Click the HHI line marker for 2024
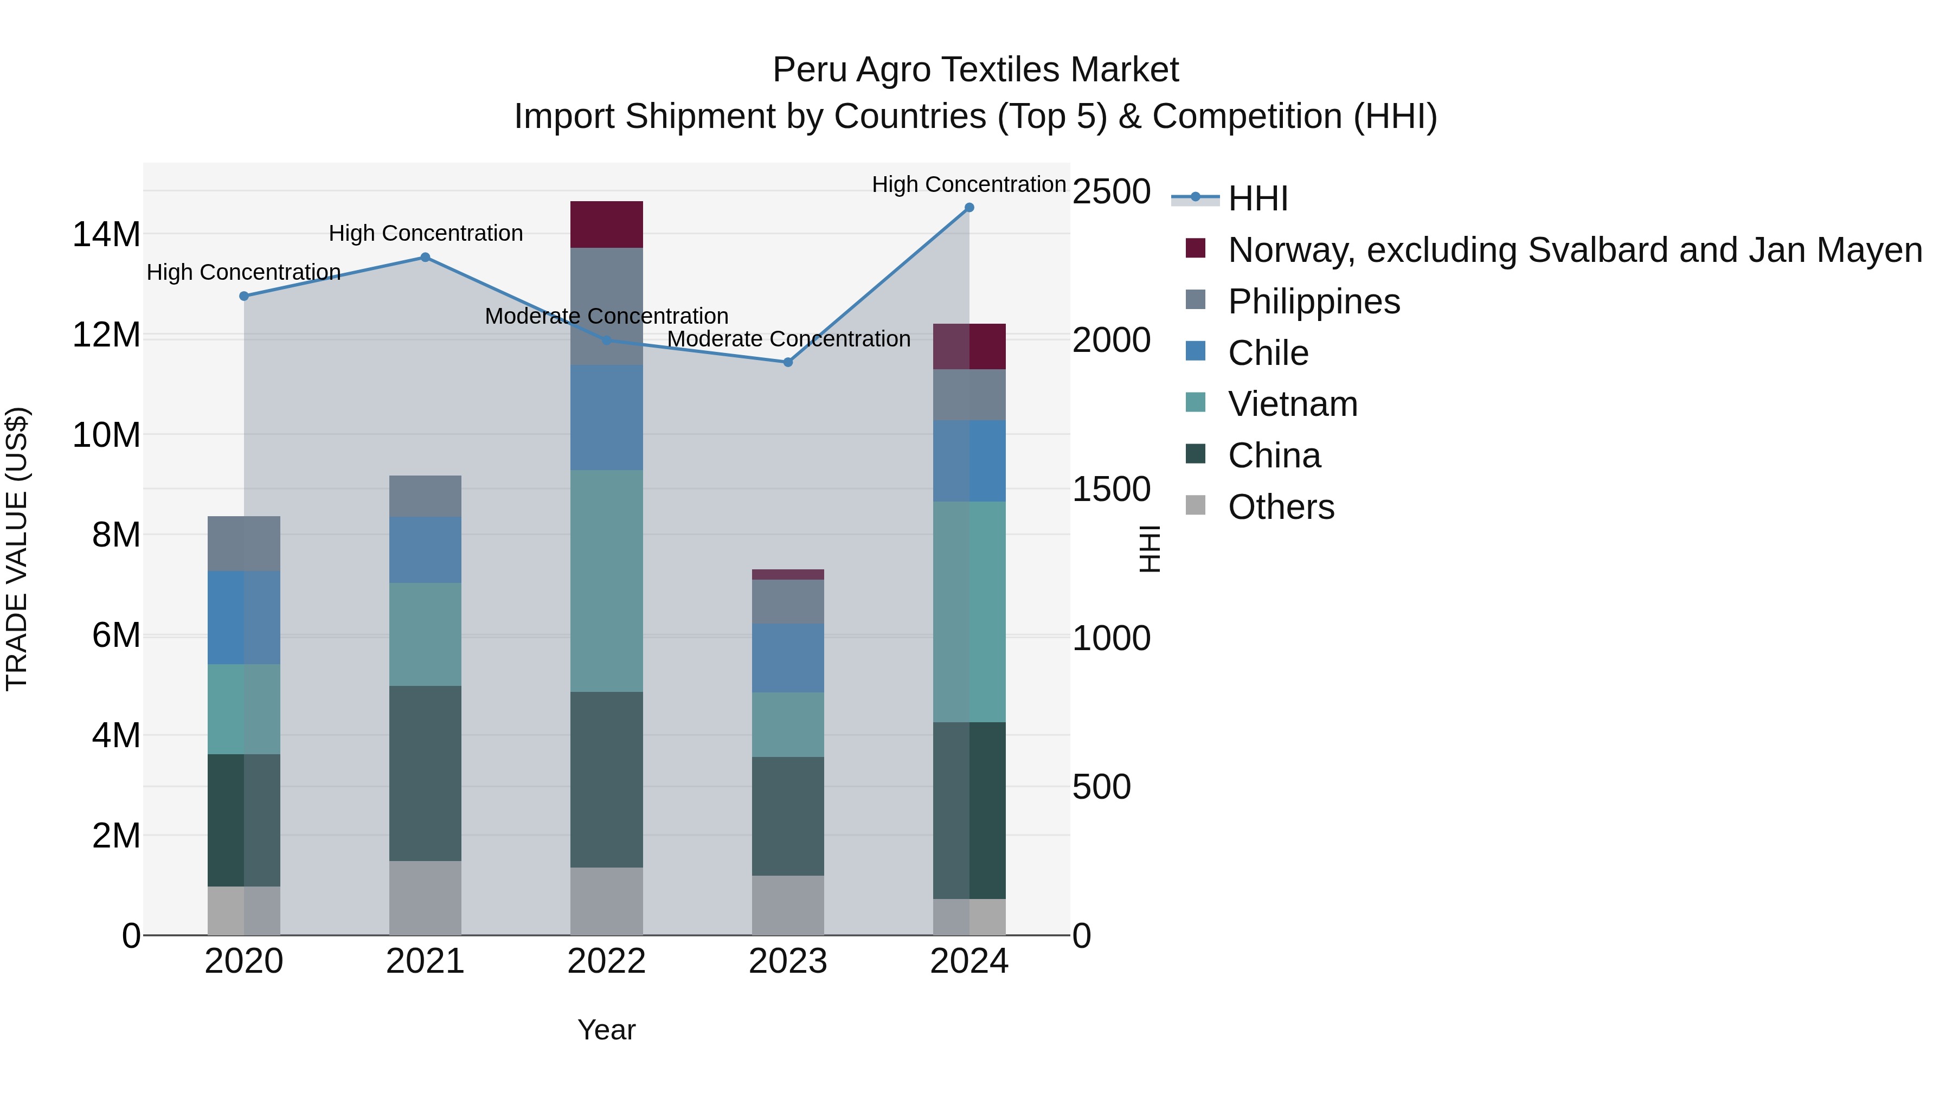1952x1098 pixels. click(968, 208)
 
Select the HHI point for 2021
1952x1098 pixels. click(425, 258)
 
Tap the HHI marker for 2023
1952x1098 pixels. click(787, 362)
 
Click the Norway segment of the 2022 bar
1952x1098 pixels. click(606, 224)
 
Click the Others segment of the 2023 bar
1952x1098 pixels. click(787, 905)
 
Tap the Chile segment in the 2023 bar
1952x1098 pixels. click(787, 658)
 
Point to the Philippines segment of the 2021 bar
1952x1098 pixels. click(425, 496)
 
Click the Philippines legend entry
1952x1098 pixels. click(1314, 301)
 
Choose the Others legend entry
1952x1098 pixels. click(1281, 507)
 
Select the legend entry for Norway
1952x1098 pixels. click(1575, 250)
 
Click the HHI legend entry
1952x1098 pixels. click(1258, 198)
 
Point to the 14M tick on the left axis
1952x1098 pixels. click(106, 234)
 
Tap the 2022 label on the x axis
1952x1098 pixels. click(606, 961)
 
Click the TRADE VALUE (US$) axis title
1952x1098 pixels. click(17, 549)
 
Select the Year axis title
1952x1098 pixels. click(606, 1030)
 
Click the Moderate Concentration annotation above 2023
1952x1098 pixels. click(788, 339)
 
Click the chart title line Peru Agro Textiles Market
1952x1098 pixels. click(975, 70)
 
